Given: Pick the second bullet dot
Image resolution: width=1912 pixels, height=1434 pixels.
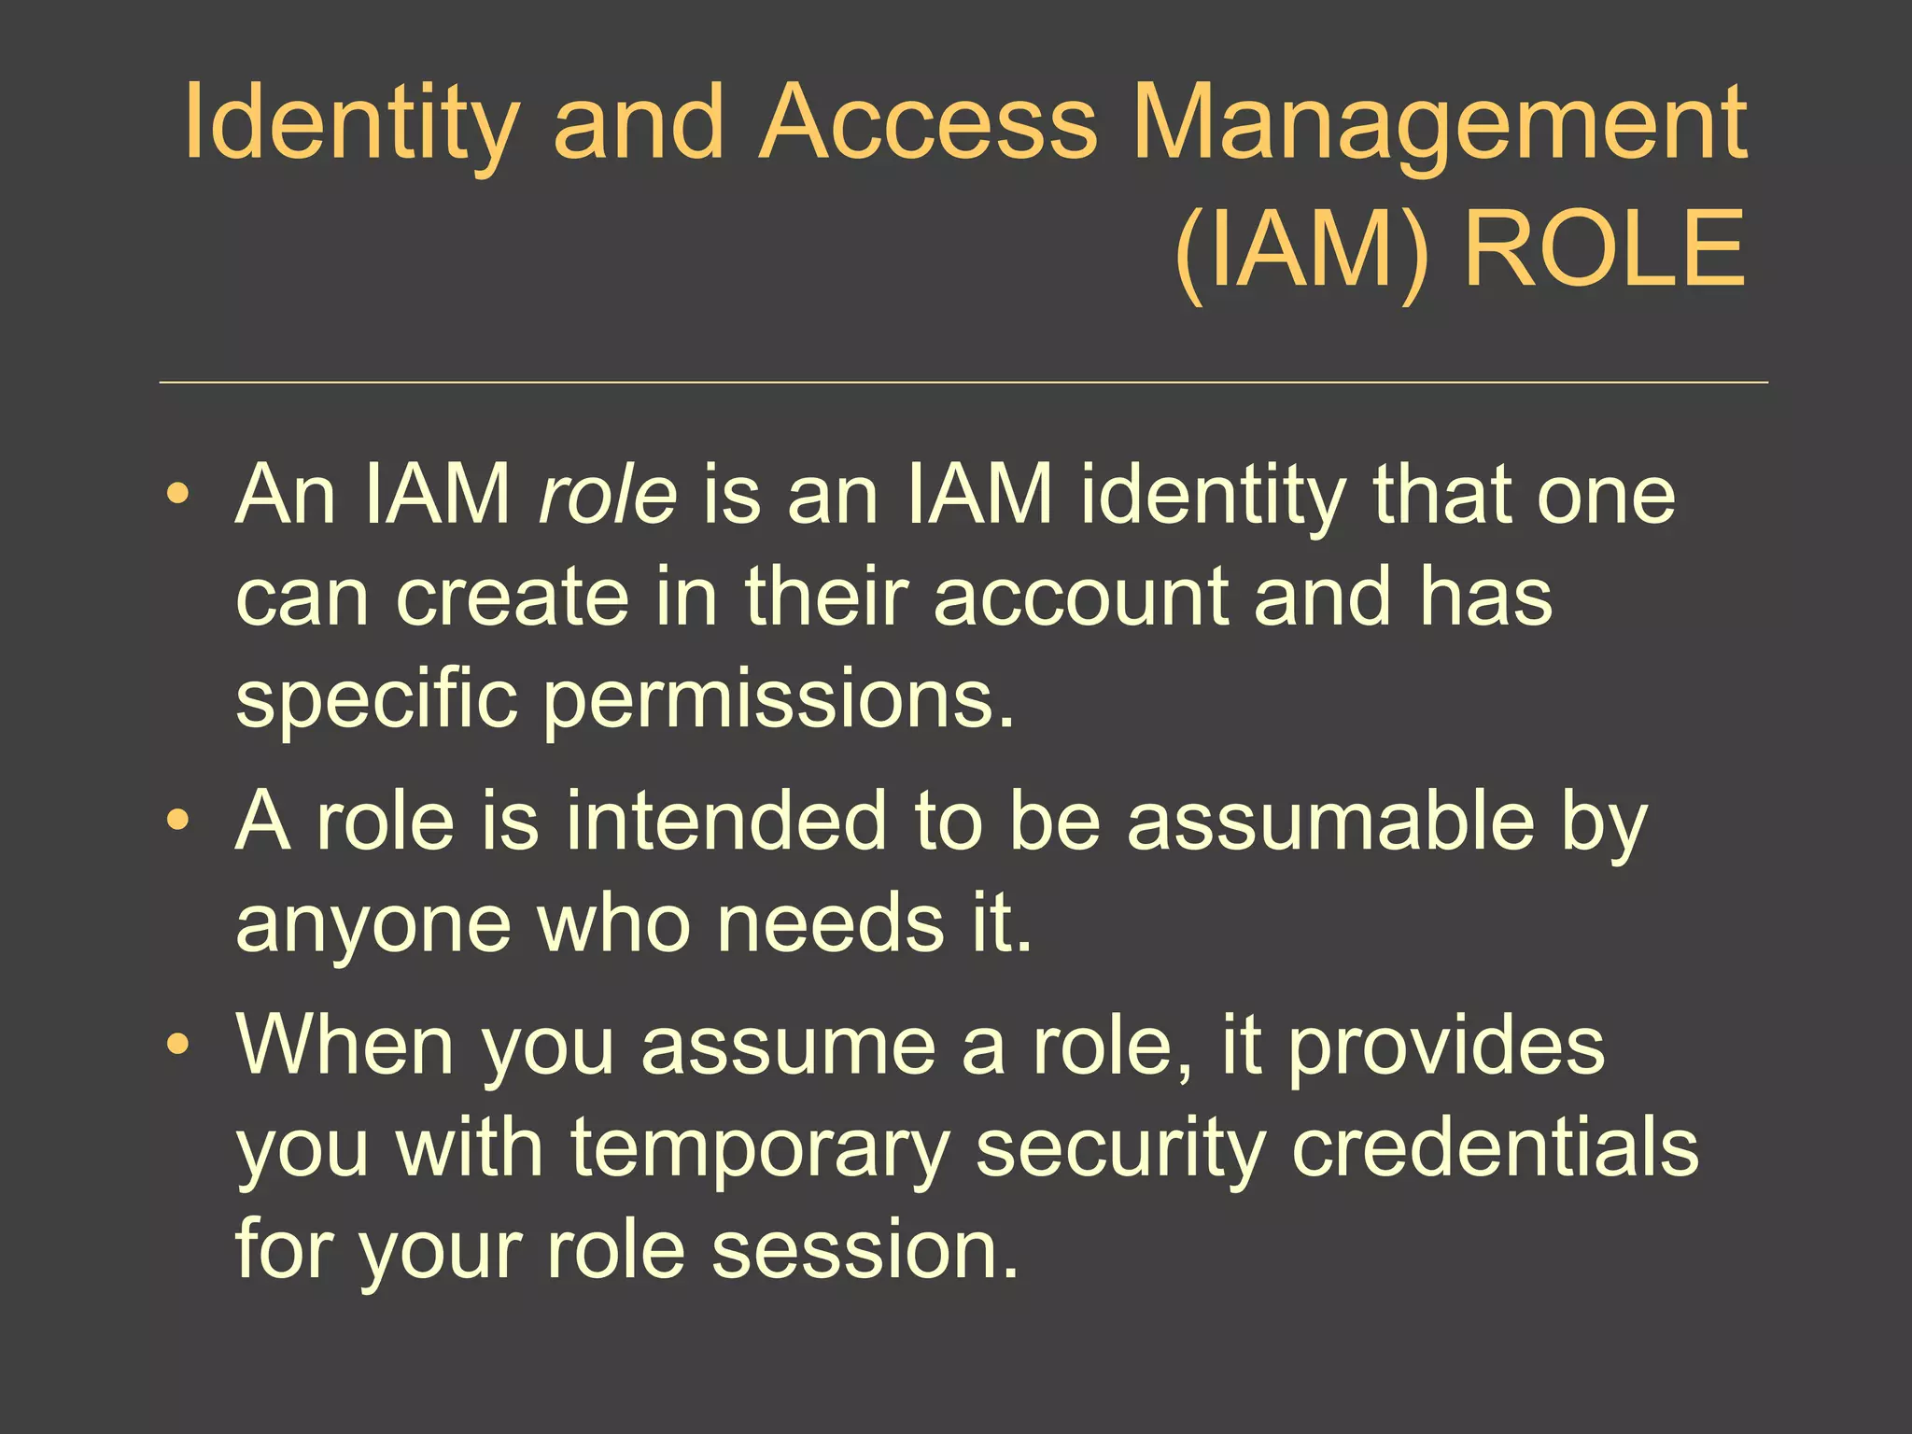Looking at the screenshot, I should point(177,820).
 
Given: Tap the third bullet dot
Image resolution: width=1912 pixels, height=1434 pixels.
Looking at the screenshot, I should point(177,1044).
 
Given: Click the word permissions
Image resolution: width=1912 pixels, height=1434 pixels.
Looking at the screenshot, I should point(779,700).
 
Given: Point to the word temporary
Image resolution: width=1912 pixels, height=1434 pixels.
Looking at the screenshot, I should point(760,1148).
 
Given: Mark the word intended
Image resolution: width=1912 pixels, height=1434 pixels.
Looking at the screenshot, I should point(725,820).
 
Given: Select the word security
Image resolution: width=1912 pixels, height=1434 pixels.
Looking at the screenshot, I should point(1120,1148).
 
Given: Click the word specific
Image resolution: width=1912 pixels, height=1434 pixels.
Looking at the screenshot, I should point(376,700).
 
